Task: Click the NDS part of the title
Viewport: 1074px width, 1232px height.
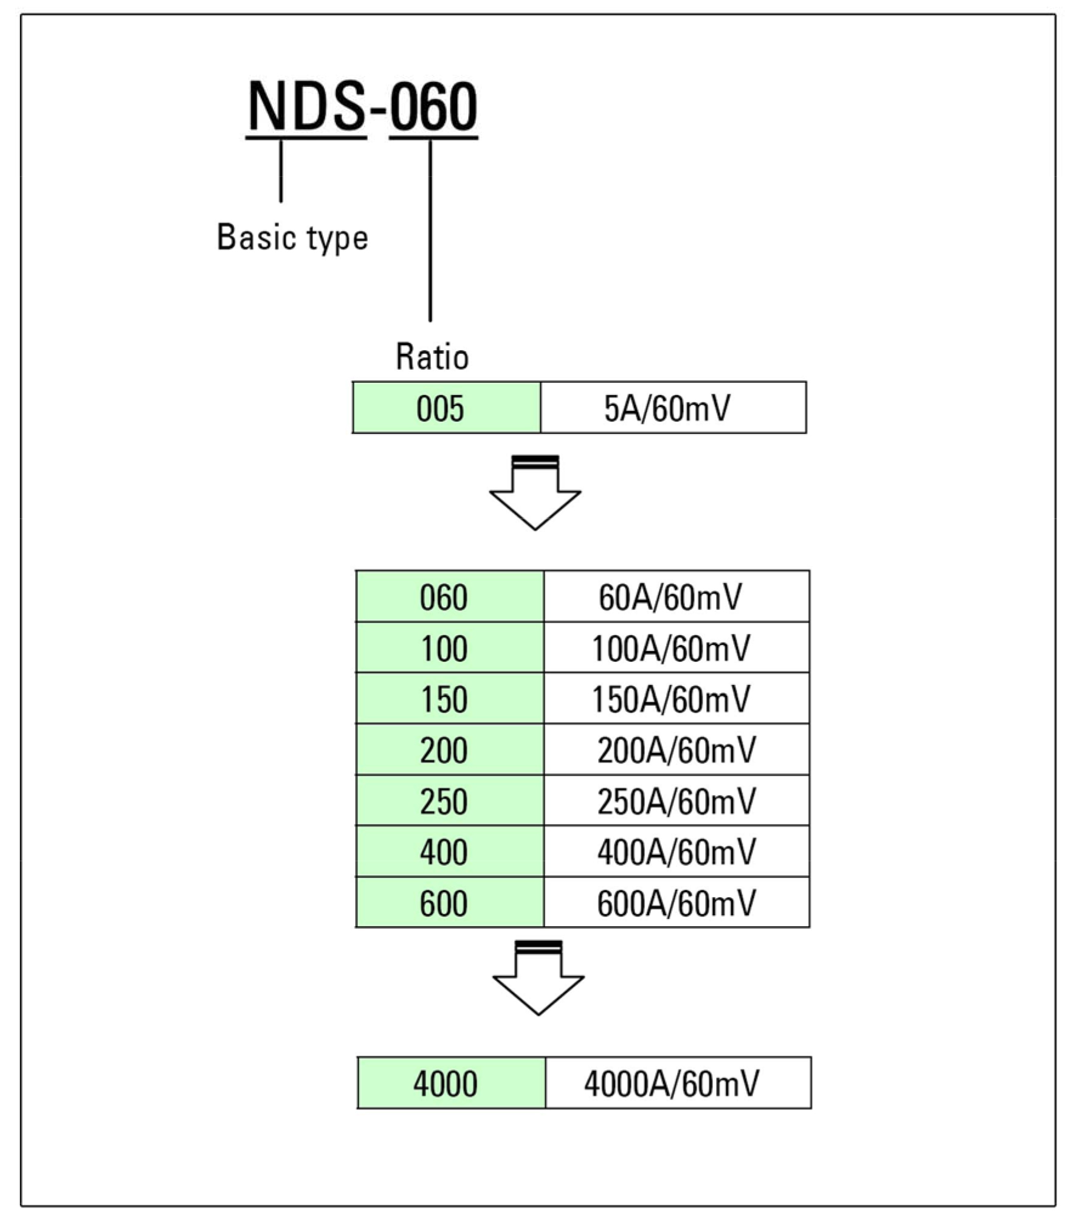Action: click(306, 106)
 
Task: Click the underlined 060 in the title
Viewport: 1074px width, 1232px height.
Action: click(433, 106)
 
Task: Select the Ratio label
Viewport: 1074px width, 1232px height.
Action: click(432, 357)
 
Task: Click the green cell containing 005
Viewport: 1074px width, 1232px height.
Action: click(446, 408)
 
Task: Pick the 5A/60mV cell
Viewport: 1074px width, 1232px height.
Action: click(673, 408)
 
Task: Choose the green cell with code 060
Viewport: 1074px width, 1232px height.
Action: click(449, 596)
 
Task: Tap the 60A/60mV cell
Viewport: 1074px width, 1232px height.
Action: click(676, 596)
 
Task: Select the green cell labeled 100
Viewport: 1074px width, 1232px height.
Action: click(449, 647)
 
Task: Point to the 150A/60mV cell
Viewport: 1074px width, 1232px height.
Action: click(676, 698)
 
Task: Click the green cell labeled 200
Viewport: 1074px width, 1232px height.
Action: click(449, 749)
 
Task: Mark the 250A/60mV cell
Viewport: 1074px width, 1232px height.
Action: click(676, 800)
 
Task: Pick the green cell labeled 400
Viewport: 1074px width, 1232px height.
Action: click(449, 851)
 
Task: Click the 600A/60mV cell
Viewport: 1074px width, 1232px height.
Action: click(676, 902)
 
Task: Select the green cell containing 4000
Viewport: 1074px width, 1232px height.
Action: click(451, 1082)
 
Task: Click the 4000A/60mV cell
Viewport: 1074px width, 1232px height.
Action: click(678, 1082)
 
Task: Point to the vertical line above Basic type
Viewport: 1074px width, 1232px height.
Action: click(281, 171)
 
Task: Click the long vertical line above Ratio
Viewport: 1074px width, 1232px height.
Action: click(430, 231)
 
